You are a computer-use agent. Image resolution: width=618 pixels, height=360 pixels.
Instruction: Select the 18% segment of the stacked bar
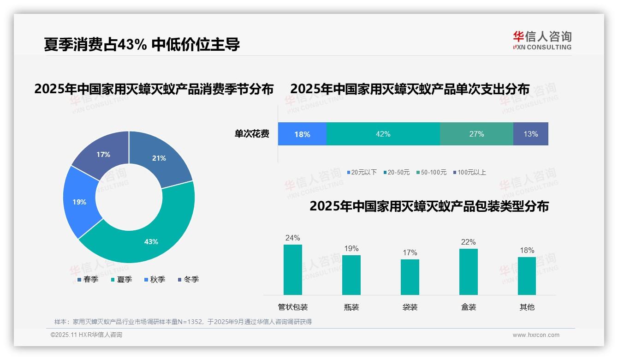(302, 134)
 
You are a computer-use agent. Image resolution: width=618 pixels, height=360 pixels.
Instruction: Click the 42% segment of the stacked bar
(383, 134)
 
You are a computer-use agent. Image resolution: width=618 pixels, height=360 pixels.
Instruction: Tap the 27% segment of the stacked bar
(476, 134)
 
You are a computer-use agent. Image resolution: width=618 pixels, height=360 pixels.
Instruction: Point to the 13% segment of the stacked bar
(530, 134)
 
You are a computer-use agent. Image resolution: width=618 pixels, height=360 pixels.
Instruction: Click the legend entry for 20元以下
(362, 172)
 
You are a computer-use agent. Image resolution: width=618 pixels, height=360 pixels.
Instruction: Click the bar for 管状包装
(293, 270)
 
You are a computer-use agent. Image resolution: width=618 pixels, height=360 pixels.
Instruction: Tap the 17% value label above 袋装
(410, 252)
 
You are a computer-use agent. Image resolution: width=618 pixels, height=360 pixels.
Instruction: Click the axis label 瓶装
(351, 307)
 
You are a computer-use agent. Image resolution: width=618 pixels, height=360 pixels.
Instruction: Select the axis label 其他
(527, 307)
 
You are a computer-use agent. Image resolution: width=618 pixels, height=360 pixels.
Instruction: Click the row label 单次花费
(252, 134)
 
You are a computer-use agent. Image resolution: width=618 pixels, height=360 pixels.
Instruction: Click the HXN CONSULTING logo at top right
(542, 40)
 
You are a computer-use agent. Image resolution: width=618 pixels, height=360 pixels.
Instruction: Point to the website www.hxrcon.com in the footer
(536, 335)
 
